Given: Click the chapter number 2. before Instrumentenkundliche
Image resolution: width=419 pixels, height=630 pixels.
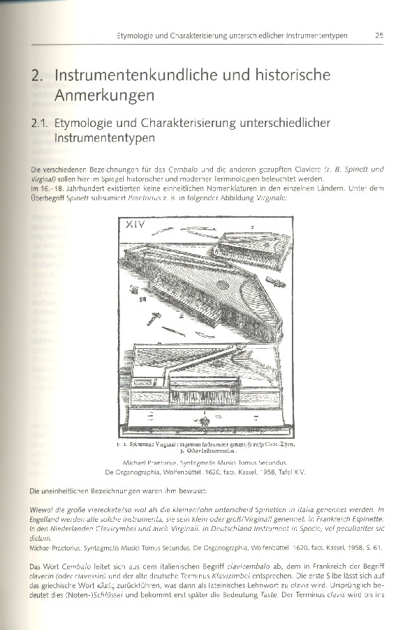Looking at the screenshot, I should coord(38,75).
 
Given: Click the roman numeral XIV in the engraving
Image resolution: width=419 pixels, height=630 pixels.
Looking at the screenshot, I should coord(140,225).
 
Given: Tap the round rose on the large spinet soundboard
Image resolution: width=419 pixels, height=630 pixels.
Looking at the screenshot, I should coord(222,284).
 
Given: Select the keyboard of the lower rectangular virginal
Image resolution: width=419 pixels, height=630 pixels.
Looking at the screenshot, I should coord(203,396).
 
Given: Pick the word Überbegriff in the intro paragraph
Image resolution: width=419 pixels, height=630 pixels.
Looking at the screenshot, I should coord(52,198).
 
